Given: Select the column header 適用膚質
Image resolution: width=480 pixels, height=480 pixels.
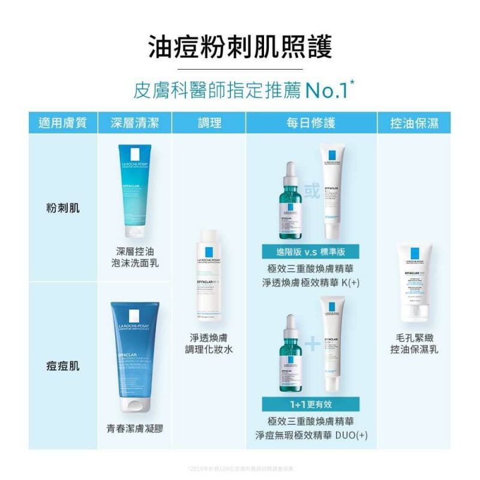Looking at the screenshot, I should click(62, 123).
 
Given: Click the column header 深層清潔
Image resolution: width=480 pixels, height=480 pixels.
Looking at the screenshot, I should click(134, 123).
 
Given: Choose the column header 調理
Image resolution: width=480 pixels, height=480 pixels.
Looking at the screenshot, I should click(209, 123).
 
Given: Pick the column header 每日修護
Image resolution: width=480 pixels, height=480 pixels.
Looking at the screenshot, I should click(311, 123).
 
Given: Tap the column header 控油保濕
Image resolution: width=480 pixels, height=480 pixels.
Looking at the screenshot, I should click(414, 123).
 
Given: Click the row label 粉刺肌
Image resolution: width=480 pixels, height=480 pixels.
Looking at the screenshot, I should click(62, 208).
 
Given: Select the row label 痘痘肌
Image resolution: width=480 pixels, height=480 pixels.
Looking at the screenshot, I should click(62, 365).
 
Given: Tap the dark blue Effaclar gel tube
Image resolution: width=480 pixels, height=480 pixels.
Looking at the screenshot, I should click(135, 356).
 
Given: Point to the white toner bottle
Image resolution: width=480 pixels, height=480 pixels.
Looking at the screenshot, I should click(209, 277).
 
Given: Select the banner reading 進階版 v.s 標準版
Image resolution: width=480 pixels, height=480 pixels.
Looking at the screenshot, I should click(310, 251).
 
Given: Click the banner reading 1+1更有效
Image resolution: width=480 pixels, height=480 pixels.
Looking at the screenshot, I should click(310, 404).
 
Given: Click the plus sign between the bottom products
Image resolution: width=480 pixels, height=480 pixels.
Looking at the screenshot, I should click(312, 343).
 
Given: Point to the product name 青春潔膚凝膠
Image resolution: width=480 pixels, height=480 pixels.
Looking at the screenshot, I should click(135, 428).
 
